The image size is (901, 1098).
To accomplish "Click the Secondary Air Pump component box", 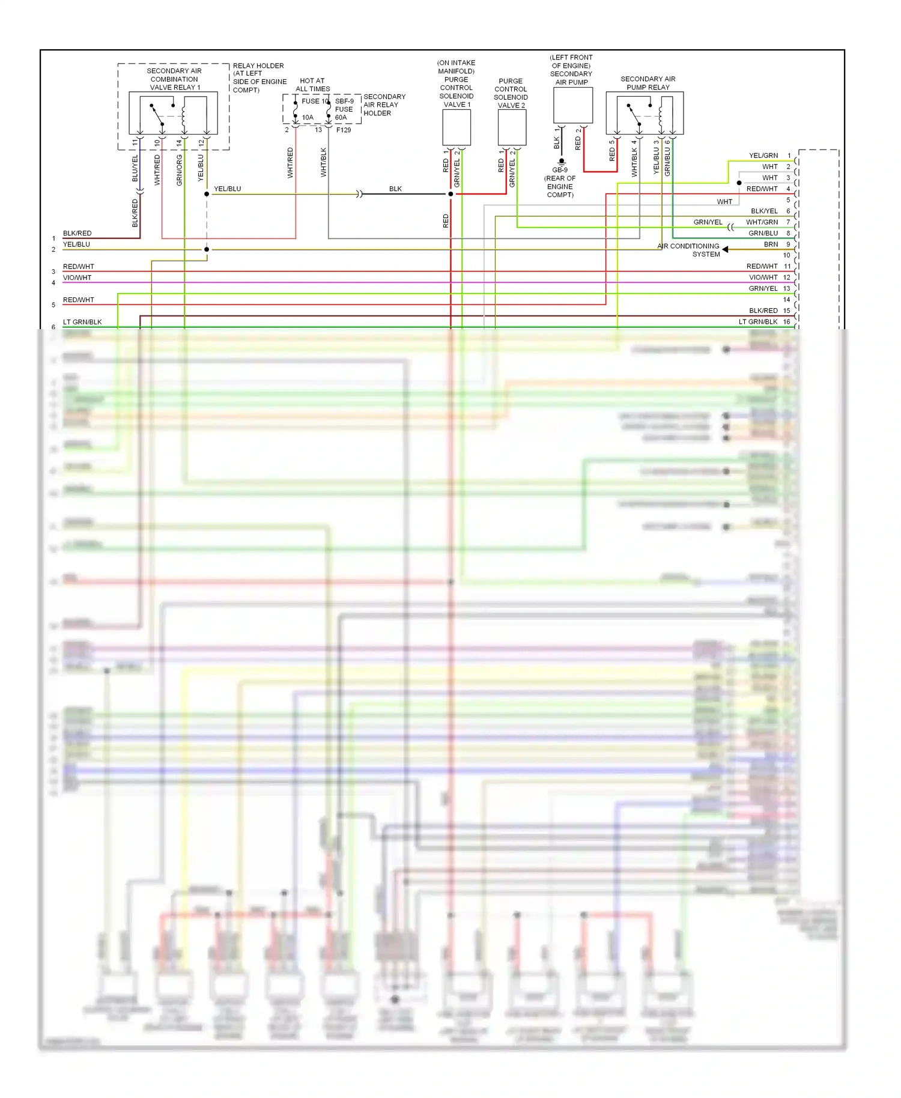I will tap(572, 105).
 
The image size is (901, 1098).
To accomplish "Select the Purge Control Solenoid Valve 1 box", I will tap(457, 128).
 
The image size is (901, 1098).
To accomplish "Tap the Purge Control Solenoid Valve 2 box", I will tap(512, 128).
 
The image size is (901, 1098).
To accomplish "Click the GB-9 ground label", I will tap(560, 170).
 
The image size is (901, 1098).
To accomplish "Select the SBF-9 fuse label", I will tap(344, 101).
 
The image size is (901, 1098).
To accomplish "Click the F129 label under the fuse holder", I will tap(344, 130).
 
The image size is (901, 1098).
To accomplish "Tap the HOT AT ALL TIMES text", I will tap(312, 85).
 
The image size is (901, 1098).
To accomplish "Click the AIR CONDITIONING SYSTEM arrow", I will tap(725, 249).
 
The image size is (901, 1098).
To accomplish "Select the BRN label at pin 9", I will tap(771, 244).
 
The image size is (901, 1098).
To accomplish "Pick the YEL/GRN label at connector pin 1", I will tap(763, 156).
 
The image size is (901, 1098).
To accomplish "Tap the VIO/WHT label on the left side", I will tap(77, 278).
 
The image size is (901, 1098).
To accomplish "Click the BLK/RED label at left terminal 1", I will tap(77, 233).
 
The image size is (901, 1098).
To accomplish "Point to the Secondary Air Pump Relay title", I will tap(648, 83).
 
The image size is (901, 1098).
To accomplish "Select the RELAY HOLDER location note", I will tap(259, 77).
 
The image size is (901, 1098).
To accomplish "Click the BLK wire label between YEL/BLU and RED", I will tap(395, 189).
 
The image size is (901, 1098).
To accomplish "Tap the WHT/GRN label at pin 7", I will tap(762, 222).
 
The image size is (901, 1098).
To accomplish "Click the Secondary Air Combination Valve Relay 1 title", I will tap(174, 79).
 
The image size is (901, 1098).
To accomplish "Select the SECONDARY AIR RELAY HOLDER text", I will tap(384, 105).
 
